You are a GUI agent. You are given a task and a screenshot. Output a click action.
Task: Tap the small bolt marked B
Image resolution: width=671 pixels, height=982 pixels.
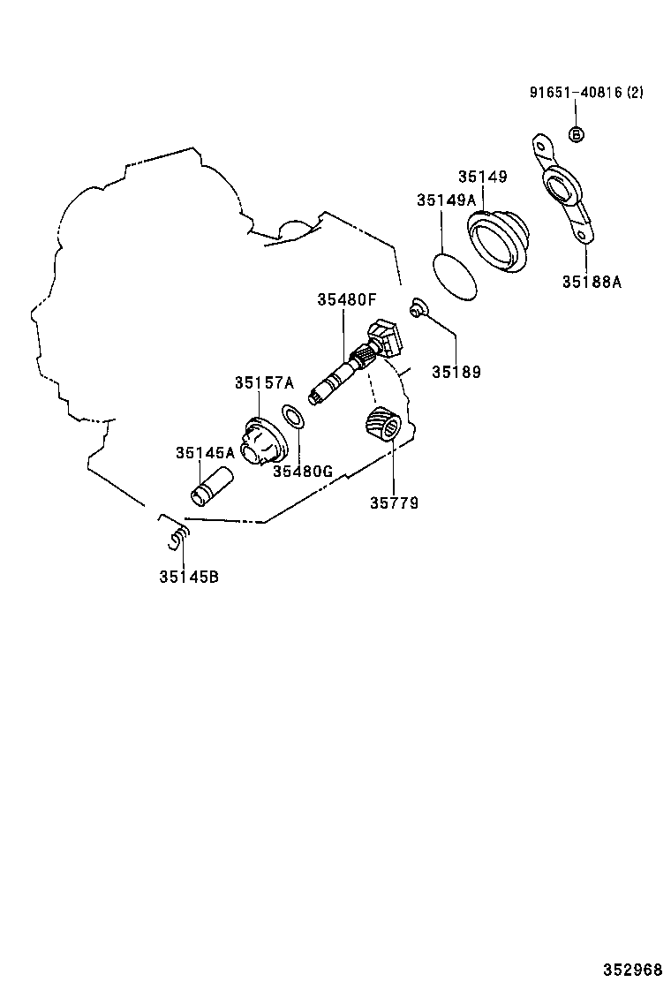pos(575,134)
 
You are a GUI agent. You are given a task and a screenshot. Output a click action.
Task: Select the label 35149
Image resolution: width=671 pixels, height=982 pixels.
pos(482,177)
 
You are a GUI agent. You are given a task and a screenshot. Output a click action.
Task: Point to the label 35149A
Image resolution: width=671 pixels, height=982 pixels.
pos(446,201)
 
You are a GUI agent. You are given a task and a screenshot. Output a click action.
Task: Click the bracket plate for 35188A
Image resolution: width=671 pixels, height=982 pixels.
pos(562,189)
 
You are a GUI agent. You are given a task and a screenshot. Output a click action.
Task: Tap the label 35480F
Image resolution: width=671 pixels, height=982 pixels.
pos(347,300)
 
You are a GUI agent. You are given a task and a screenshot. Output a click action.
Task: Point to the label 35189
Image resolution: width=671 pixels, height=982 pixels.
pos(456,372)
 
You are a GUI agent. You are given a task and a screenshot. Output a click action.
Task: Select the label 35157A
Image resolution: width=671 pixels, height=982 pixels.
pos(263,382)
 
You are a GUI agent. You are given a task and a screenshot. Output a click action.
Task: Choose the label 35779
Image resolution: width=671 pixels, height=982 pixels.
pos(394,503)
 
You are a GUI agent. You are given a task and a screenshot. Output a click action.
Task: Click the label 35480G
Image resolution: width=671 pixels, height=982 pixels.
pos(302,471)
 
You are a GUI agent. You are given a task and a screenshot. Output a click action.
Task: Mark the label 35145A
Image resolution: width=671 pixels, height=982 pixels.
pos(205,452)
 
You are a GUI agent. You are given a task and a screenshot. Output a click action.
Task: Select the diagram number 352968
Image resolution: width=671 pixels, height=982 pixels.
pos(633,969)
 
